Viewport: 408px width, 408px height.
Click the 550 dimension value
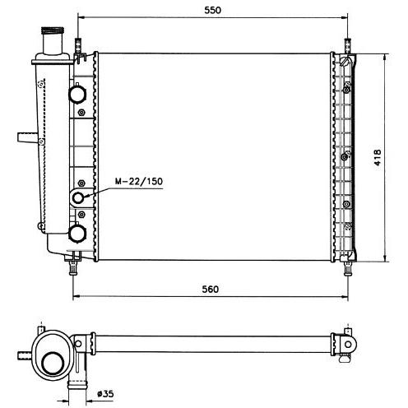[212, 10]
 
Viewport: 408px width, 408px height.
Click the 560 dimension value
[211, 289]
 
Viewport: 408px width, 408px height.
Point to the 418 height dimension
[378, 157]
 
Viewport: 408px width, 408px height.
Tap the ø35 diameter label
[105, 394]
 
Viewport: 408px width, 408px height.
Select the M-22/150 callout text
[139, 181]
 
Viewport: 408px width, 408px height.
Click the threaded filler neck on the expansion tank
[53, 30]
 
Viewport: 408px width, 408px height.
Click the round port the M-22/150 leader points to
[78, 197]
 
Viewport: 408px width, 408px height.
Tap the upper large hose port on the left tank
[77, 94]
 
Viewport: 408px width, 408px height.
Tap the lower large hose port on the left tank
[77, 234]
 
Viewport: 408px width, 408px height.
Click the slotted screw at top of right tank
[345, 61]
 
